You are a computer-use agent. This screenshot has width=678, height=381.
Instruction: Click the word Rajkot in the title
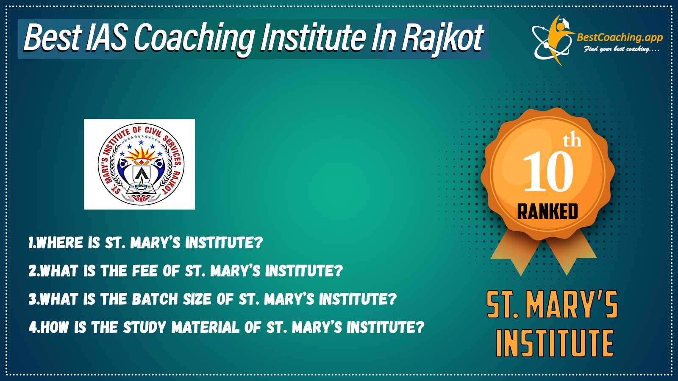[442, 38]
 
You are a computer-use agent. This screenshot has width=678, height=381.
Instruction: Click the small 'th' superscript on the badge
[572, 141]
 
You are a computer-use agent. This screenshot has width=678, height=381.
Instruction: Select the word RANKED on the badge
[547, 211]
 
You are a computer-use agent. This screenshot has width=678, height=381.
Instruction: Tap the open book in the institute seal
[140, 189]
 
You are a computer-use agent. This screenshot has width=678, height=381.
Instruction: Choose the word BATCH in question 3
[155, 299]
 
